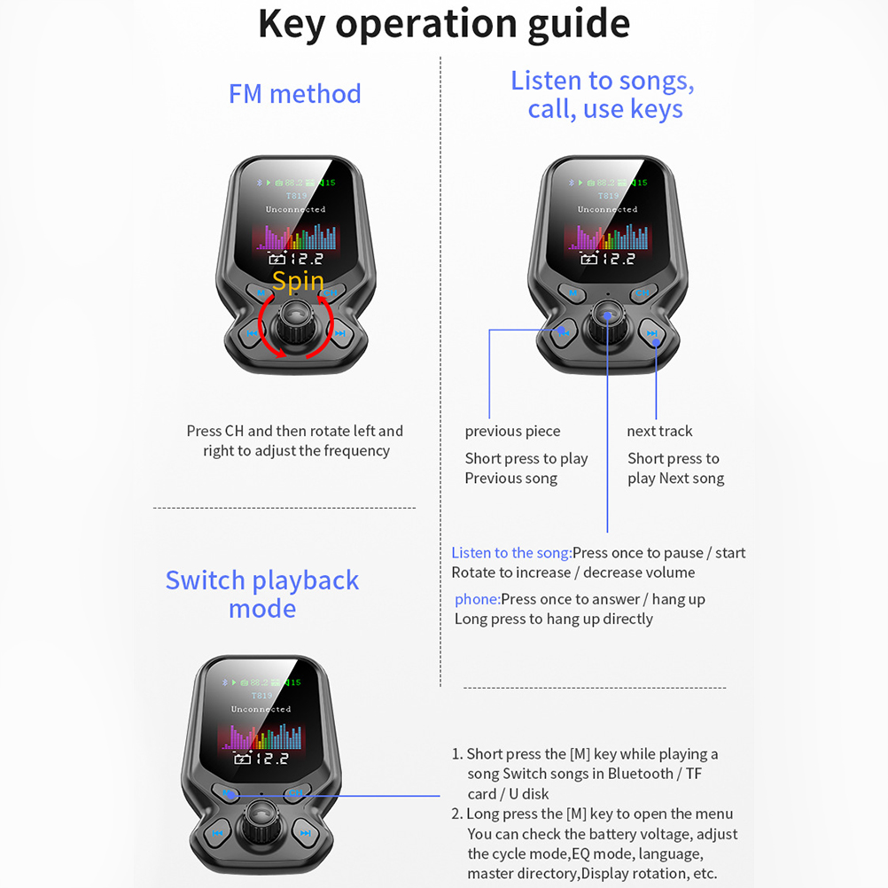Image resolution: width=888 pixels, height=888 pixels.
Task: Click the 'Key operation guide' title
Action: click(443, 24)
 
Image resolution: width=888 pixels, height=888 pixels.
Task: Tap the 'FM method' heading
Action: click(294, 94)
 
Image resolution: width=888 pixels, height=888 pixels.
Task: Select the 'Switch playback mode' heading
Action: click(261, 594)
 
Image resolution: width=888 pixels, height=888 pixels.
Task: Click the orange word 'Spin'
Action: click(298, 282)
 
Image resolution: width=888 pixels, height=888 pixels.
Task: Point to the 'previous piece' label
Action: click(512, 432)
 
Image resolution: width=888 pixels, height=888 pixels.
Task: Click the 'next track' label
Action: click(659, 432)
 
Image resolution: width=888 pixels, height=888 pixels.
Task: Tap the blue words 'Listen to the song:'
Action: click(511, 553)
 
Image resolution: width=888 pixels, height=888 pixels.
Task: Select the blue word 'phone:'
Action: click(477, 599)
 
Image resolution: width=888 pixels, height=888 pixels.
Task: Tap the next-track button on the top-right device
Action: click(653, 334)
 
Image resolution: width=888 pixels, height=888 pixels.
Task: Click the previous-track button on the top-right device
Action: click(562, 334)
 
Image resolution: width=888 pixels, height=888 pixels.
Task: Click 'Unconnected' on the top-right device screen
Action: click(607, 210)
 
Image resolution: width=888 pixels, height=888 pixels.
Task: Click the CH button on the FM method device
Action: click(330, 293)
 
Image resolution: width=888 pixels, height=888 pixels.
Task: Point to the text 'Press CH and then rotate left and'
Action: click(294, 432)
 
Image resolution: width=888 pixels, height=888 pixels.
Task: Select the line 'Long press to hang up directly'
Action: click(553, 619)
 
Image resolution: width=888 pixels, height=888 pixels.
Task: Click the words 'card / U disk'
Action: click(508, 794)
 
